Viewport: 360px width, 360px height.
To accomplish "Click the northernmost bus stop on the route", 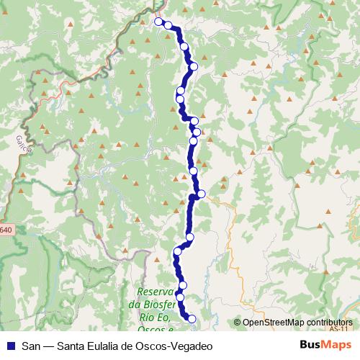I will tap(158, 22).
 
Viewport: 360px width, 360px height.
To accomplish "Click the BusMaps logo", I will tap(325, 345).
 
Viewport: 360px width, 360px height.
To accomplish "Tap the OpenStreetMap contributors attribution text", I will tap(297, 322).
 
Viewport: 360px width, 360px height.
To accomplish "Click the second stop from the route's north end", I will tap(168, 25).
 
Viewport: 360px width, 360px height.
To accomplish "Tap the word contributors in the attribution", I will tap(327, 322).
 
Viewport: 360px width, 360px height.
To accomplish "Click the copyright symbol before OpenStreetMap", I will tap(237, 323).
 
